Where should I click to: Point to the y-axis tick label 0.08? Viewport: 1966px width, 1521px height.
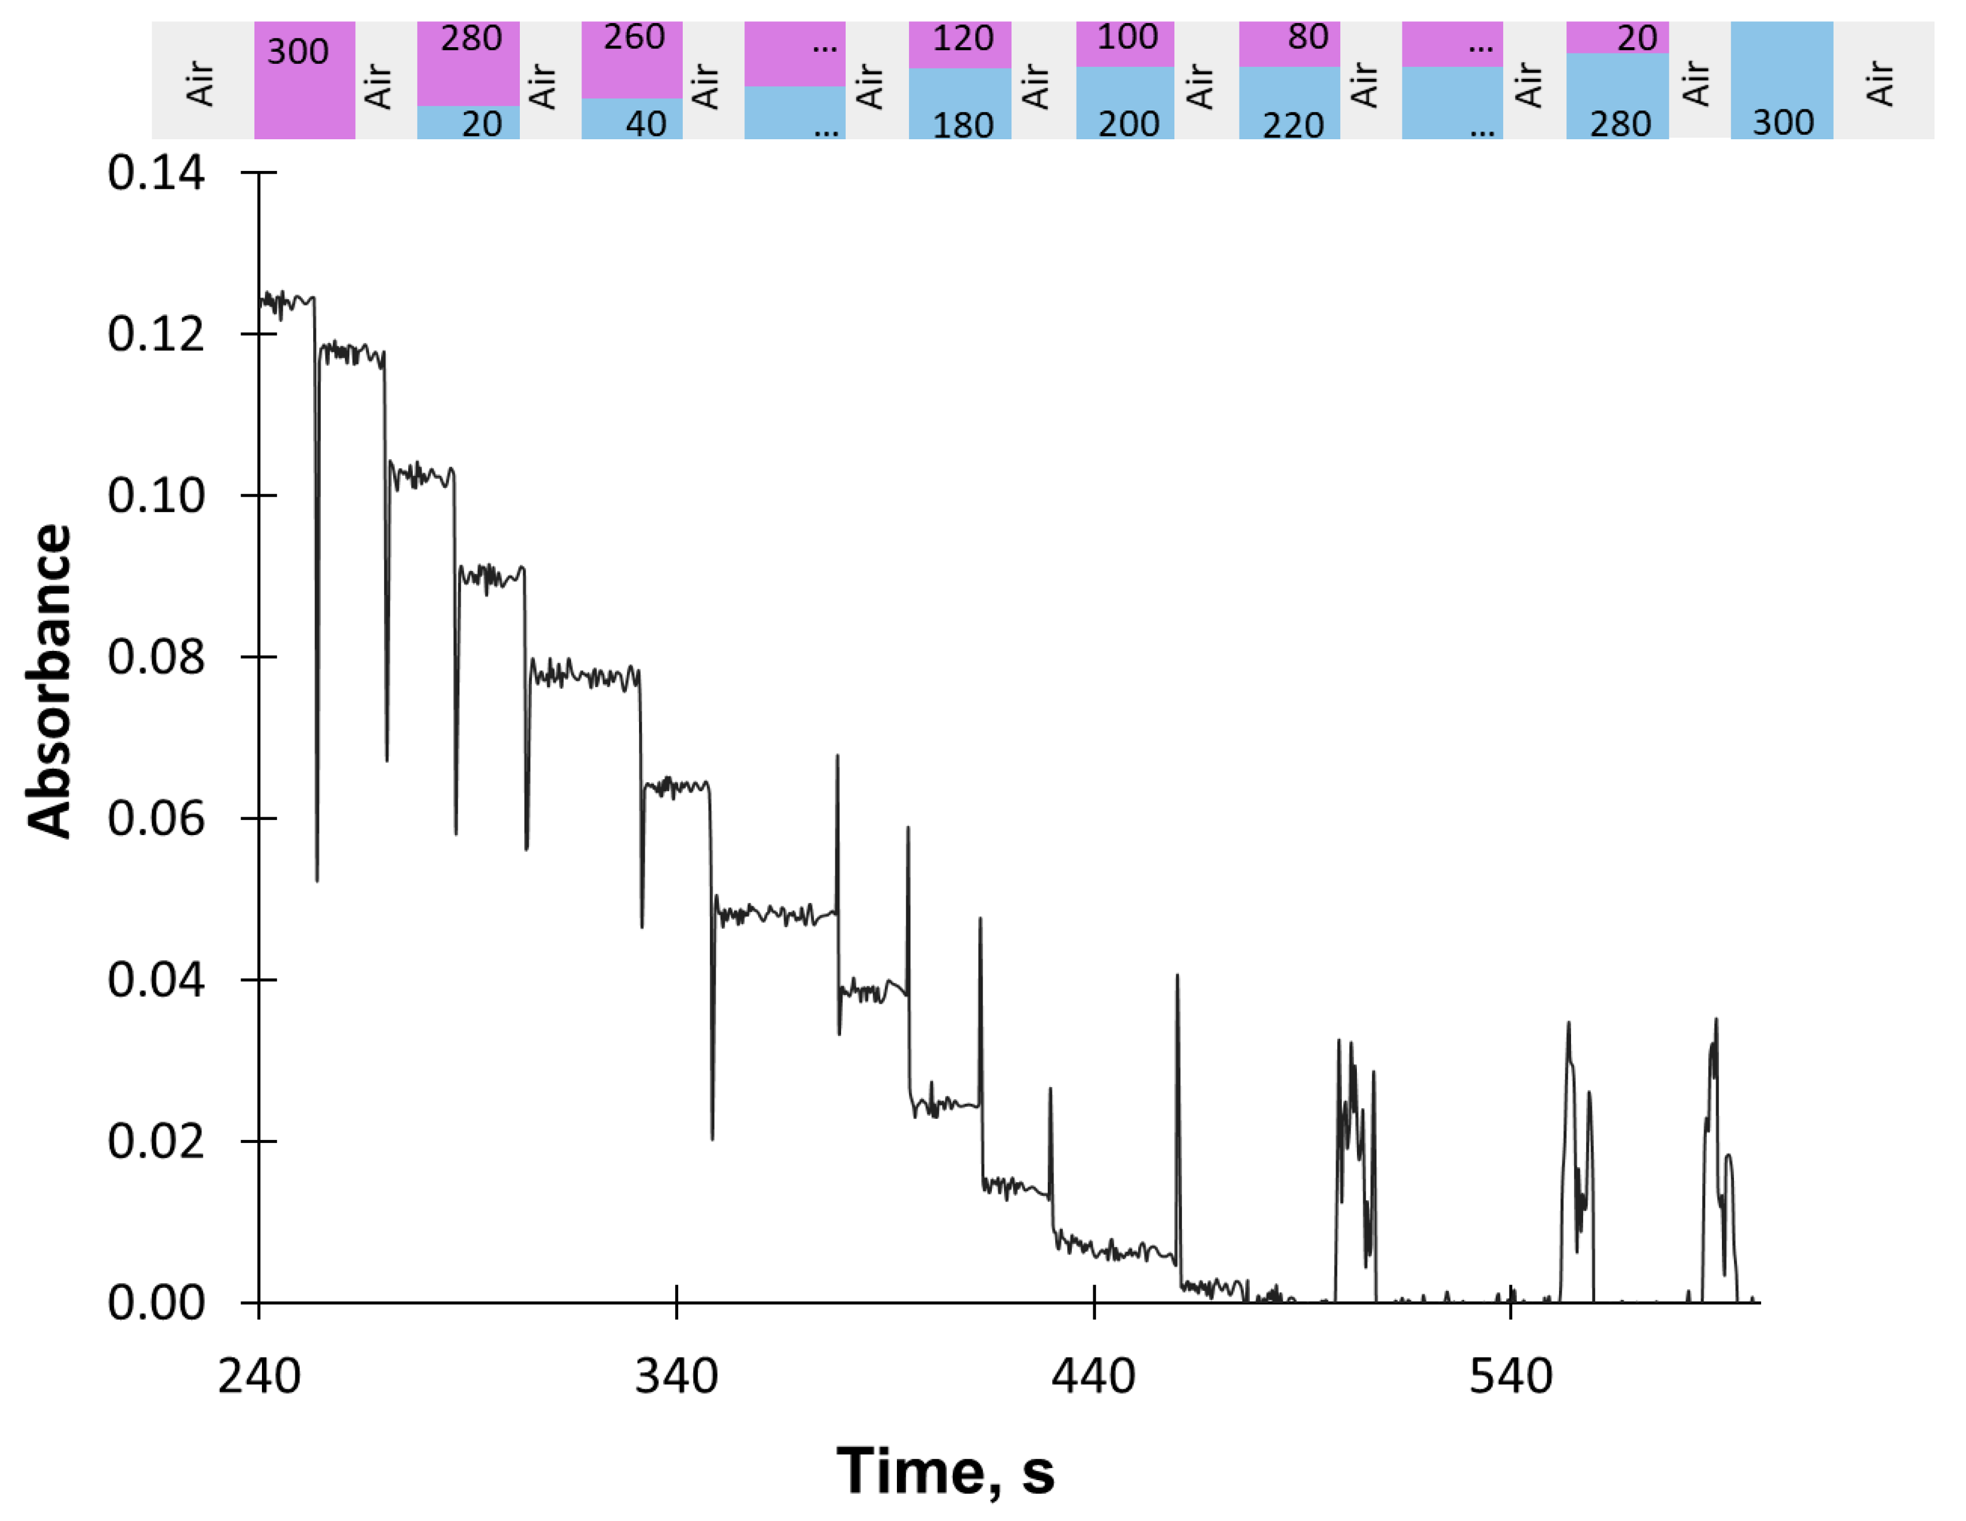tap(156, 657)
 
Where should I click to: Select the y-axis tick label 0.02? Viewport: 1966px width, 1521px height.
tap(156, 1141)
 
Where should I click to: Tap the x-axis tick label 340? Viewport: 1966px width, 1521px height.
tap(676, 1377)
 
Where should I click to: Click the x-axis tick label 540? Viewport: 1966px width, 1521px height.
tap(1511, 1377)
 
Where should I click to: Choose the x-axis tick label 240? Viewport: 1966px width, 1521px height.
tap(259, 1377)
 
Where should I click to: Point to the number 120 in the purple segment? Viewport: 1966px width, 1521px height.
tap(963, 39)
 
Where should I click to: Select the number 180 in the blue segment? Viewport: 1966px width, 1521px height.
tap(963, 125)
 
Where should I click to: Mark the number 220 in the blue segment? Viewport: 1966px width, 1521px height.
tap(1292, 125)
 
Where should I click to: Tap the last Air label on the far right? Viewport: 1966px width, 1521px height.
tap(1880, 83)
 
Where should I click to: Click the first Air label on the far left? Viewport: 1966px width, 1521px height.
tap(201, 83)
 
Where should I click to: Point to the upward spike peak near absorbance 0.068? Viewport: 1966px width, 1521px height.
tap(837, 758)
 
